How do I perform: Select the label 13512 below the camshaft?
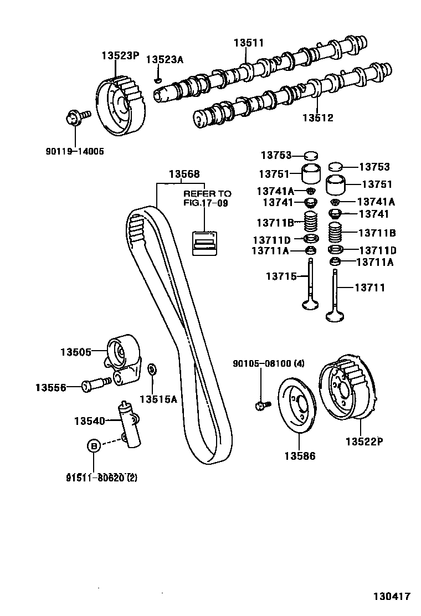coord(318,117)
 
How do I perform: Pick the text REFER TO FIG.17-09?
coord(207,198)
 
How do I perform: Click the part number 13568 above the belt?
coord(184,174)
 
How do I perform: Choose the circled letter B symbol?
coord(94,445)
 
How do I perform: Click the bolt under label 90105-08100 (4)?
coord(261,406)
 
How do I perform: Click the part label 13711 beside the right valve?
coord(369,288)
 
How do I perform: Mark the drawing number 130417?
coord(391,596)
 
